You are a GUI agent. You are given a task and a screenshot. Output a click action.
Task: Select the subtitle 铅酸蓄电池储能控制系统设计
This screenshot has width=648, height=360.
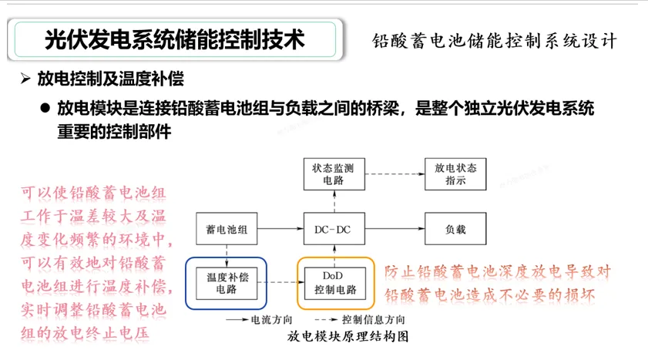pyautogui.click(x=494, y=40)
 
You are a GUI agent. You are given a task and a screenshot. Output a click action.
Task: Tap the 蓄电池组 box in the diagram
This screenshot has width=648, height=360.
pyautogui.click(x=226, y=230)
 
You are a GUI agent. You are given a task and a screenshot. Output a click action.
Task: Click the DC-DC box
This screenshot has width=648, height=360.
pyautogui.click(x=334, y=230)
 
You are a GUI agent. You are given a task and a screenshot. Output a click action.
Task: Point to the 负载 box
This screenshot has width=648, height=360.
pyautogui.click(x=455, y=230)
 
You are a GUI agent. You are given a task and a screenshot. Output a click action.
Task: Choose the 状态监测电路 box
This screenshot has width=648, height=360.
pyautogui.click(x=334, y=174)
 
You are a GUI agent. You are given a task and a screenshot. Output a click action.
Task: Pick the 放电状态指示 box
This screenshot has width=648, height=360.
pyautogui.click(x=455, y=174)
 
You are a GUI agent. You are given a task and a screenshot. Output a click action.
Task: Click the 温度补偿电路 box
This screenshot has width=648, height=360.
pyautogui.click(x=226, y=283)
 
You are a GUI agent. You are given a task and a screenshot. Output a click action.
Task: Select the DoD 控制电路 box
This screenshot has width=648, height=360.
pyautogui.click(x=334, y=283)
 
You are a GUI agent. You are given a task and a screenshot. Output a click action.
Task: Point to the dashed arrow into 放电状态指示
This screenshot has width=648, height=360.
pyautogui.click(x=393, y=174)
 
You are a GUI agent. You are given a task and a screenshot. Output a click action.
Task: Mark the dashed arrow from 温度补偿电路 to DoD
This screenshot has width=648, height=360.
pyautogui.click(x=279, y=283)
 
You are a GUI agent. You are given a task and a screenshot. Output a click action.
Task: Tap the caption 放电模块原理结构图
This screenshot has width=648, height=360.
pyautogui.click(x=346, y=337)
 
